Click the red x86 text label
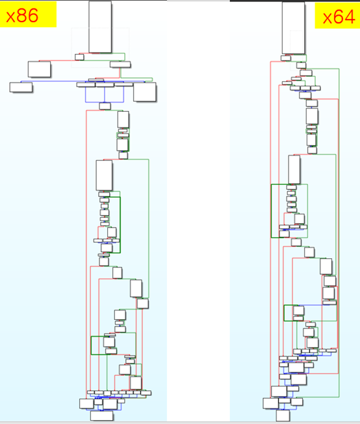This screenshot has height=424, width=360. [x=22, y=16]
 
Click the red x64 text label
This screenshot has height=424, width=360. [x=339, y=17]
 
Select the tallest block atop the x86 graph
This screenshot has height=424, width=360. [x=100, y=27]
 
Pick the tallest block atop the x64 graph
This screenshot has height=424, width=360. [x=293, y=28]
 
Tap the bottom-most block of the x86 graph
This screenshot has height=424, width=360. [x=101, y=416]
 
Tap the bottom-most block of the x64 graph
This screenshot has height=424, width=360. [x=283, y=416]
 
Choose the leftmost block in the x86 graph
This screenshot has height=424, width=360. [x=21, y=87]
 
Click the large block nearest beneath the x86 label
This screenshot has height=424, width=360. [x=39, y=69]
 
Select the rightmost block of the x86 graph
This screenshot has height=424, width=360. [x=145, y=92]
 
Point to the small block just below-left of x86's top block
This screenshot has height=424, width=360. [x=79, y=57]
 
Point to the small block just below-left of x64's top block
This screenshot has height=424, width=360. [x=286, y=58]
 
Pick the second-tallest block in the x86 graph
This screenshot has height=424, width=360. [x=104, y=176]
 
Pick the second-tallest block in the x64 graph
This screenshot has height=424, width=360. [x=294, y=170]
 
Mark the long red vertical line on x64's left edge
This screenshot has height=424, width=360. [x=270, y=230]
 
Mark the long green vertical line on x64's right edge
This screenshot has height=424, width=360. [x=339, y=233]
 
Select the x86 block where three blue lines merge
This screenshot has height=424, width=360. [x=105, y=106]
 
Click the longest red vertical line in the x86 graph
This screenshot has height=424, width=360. [x=86, y=254]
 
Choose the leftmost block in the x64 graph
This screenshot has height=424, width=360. [x=270, y=403]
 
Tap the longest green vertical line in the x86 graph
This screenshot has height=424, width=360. [x=149, y=228]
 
